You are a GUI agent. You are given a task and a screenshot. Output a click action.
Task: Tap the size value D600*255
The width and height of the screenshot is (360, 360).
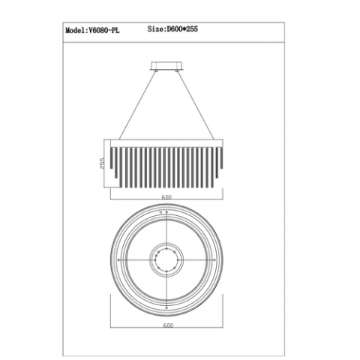point(181,31)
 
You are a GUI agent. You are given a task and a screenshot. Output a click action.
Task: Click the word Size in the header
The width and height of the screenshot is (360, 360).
point(155,31)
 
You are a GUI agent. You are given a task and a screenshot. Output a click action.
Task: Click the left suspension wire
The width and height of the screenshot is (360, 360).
point(138,106)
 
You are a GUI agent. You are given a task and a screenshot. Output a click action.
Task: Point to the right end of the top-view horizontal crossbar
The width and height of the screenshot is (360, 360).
point(210,259)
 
